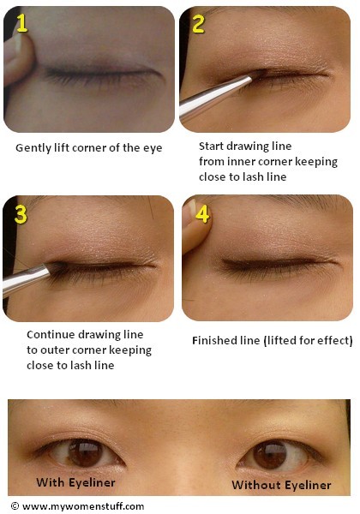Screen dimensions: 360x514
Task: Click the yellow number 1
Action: pos(22,22)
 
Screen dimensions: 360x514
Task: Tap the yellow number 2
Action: pos(199,24)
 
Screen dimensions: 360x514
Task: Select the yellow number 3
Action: pos(21,214)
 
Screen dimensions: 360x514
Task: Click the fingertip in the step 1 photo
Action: pos(18,59)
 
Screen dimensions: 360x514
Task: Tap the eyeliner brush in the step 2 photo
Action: pos(215,95)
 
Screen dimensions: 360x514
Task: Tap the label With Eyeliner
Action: pos(75,482)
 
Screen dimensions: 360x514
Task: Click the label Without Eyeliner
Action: pos(281,485)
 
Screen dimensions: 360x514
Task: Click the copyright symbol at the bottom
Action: pos(15,505)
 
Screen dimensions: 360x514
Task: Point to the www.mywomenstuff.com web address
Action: pos(83,506)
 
